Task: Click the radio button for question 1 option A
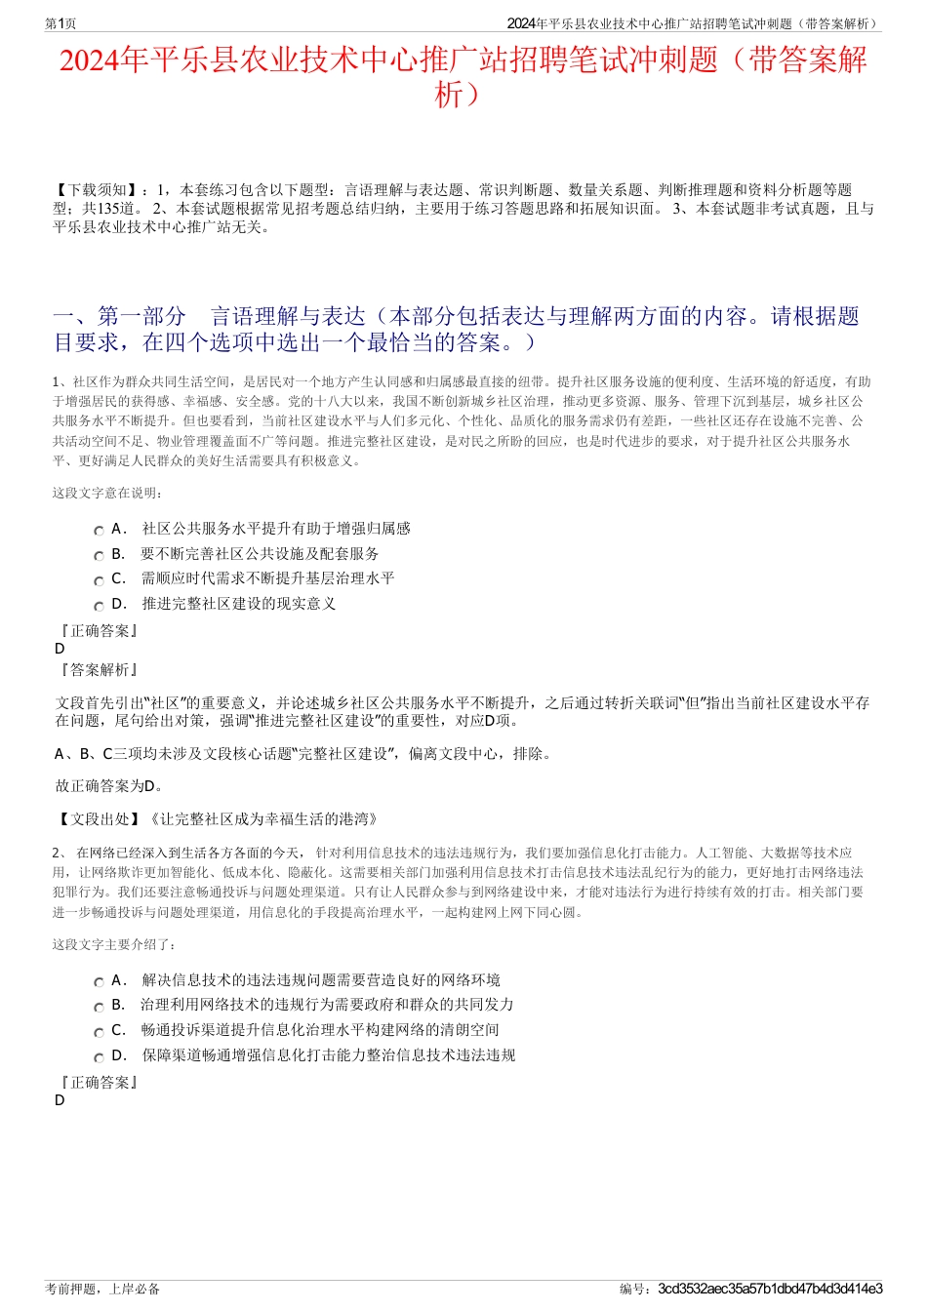[99, 531]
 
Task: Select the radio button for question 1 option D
[99, 606]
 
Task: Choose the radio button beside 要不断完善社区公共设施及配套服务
[99, 556]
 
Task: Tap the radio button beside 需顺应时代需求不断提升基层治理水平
[99, 580]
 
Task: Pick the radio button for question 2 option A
[99, 982]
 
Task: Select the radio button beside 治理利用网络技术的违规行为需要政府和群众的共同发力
[99, 1007]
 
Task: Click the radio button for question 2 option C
[99, 1032]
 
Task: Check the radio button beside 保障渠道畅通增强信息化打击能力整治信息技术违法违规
[99, 1057]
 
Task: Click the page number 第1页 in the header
[60, 23]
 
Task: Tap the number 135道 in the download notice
[121, 209]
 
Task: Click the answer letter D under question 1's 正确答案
[60, 649]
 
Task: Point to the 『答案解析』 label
[98, 670]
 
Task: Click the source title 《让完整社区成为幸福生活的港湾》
[262, 819]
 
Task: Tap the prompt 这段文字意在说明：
[107, 493]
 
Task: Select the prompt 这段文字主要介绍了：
[114, 944]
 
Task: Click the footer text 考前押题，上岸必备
[102, 1289]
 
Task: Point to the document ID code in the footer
[770, 1289]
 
